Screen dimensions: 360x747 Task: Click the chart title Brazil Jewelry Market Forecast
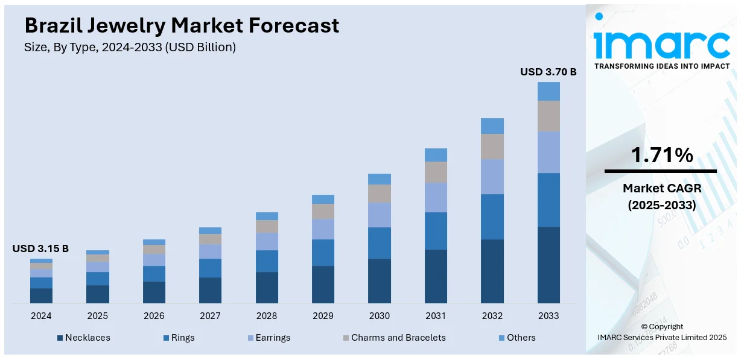coord(182,25)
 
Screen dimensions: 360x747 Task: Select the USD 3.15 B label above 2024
coord(40,248)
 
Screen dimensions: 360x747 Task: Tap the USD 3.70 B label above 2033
coord(548,72)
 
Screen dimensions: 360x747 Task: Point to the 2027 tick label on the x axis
coord(210,315)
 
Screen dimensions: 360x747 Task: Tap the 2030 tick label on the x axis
coord(380,315)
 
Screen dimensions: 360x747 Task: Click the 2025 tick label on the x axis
coord(97,315)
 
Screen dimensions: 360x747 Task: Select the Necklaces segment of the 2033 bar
coord(548,265)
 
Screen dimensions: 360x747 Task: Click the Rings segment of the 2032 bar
coord(492,216)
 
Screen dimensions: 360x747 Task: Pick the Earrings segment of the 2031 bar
coord(436,197)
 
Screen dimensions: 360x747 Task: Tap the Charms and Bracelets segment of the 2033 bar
coord(548,116)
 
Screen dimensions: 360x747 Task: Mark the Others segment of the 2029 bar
coord(323,199)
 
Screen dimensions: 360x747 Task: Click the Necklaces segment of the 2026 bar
coord(154,292)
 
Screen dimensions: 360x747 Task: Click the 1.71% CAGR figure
coord(662,156)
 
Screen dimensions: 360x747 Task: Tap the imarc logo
coord(661,42)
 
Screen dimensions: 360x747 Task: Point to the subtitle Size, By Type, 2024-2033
coord(130,47)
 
